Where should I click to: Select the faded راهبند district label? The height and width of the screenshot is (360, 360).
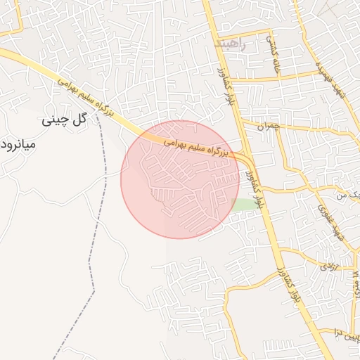pyautogui.click(x=230, y=44)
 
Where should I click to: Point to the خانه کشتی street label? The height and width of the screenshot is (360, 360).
pyautogui.click(x=272, y=53)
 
